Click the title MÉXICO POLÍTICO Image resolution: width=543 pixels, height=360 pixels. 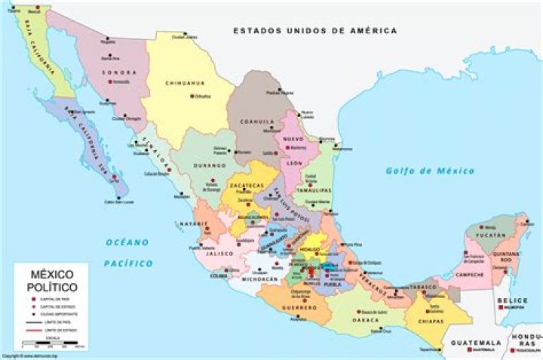[x=52, y=280]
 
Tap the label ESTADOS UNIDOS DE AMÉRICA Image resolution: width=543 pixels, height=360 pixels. [x=314, y=31]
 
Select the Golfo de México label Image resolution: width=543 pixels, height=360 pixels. [x=430, y=171]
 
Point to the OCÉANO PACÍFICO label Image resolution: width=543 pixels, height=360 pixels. [x=127, y=253]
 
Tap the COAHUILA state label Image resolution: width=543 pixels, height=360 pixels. [x=256, y=121]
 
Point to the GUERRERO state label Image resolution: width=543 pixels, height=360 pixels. [x=299, y=308]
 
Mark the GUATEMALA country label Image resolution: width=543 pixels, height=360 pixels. [x=475, y=342]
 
